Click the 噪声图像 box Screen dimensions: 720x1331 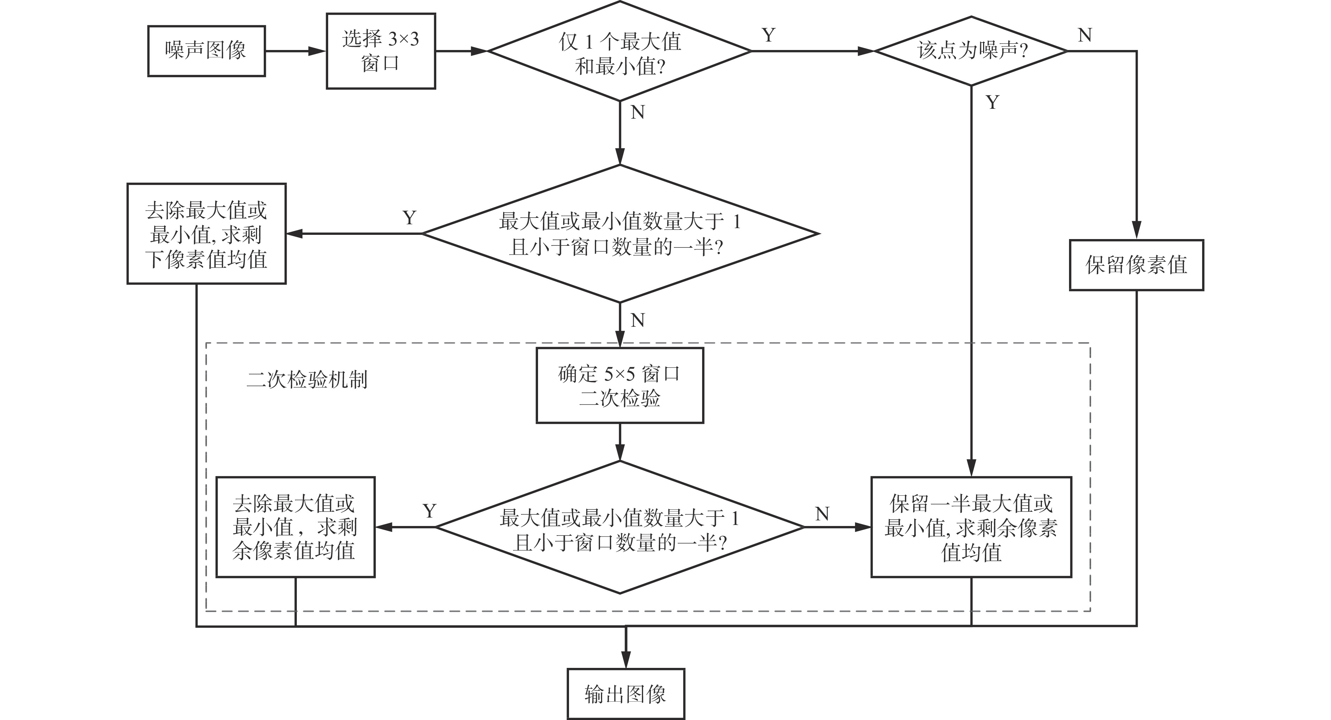pyautogui.click(x=206, y=51)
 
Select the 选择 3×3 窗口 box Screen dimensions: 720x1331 pyautogui.click(x=381, y=51)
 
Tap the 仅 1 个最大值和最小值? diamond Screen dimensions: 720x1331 pyautogui.click(x=619, y=51)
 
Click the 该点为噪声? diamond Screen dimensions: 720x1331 pyautogui.click(x=971, y=51)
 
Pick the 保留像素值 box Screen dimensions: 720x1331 pyautogui.click(x=1136, y=265)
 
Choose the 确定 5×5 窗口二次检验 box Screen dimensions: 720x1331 pyautogui.click(x=619, y=385)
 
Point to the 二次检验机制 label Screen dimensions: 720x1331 pyautogui.click(x=307, y=380)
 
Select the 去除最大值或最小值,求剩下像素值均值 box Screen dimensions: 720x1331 pyautogui.click(x=206, y=233)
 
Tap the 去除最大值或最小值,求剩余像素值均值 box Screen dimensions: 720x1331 pyautogui.click(x=295, y=527)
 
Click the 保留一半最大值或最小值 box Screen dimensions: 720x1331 pyautogui.click(x=971, y=527)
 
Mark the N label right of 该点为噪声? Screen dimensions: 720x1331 pyautogui.click(x=1085, y=35)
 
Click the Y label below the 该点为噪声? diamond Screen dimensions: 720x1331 pyautogui.click(x=992, y=102)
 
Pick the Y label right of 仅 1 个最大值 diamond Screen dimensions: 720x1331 pyautogui.click(x=768, y=35)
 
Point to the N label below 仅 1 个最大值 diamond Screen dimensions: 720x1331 pyautogui.click(x=638, y=112)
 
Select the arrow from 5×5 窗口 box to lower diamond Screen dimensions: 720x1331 pyautogui.click(x=619, y=442)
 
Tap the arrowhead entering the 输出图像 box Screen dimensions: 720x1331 pyautogui.click(x=626, y=660)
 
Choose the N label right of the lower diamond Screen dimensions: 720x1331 pyautogui.click(x=822, y=513)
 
